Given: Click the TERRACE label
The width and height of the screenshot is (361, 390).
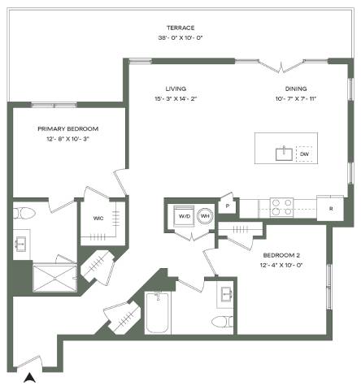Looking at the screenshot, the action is click(x=180, y=28).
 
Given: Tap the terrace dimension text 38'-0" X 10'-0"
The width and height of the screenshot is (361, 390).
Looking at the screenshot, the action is click(x=180, y=37).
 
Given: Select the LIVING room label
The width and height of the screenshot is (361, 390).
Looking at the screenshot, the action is click(x=176, y=89).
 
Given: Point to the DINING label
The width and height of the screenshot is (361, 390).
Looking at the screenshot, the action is click(x=296, y=89).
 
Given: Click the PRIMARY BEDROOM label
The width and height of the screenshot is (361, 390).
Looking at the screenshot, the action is click(x=68, y=129).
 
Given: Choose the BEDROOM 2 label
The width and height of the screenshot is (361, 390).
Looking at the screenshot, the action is click(x=281, y=255).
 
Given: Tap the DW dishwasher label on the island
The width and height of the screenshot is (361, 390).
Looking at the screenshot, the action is click(x=304, y=154).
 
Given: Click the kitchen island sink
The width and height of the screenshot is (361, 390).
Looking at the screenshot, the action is click(x=284, y=154).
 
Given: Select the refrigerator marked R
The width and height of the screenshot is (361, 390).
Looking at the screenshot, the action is click(x=330, y=208).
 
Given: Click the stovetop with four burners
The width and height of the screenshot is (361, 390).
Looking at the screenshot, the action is click(x=281, y=207).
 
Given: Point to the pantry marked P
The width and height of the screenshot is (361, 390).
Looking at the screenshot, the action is click(x=228, y=206).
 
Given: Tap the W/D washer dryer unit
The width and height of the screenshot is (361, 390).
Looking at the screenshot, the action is click(x=185, y=216).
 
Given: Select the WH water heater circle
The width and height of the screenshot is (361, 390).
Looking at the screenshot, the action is click(x=205, y=216).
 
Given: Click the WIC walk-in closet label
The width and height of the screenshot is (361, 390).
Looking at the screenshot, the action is click(x=98, y=219).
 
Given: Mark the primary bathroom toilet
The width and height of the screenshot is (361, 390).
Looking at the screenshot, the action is click(x=24, y=214).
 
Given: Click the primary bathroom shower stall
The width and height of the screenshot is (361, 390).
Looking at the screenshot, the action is click(x=55, y=279).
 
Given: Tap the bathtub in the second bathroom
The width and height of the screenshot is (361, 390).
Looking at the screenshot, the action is click(x=158, y=312).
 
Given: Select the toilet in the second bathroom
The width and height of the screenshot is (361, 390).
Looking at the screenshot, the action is click(x=222, y=322).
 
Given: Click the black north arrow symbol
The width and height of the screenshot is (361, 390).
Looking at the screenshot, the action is click(x=29, y=378).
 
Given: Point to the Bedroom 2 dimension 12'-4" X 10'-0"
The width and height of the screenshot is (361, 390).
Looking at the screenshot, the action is click(x=281, y=265).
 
